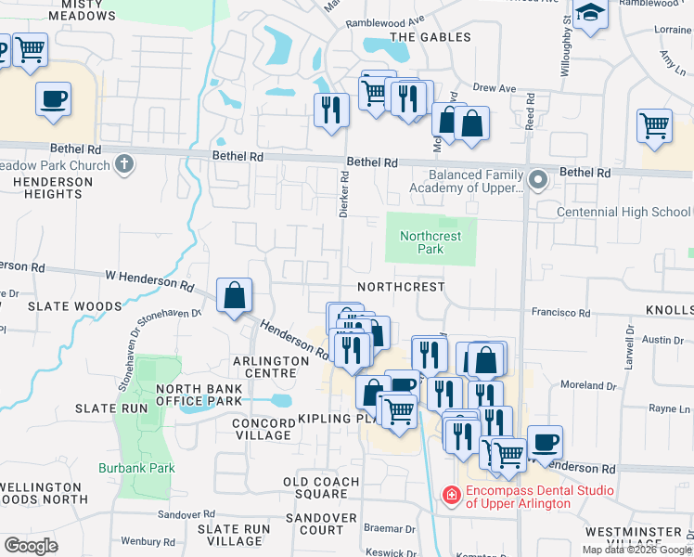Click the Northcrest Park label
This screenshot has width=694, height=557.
pyautogui.click(x=431, y=242)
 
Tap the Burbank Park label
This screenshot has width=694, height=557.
pyautogui.click(x=136, y=468)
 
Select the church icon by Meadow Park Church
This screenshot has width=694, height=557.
pyautogui.click(x=124, y=165)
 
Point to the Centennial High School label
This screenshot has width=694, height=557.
pyautogui.click(x=623, y=213)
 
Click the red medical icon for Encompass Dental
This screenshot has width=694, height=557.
pyautogui.click(x=452, y=496)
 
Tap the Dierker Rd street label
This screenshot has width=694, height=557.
pyautogui.click(x=343, y=193)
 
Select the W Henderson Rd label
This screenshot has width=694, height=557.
pyautogui.click(x=148, y=277)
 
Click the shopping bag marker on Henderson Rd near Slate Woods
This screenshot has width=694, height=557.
pyautogui.click(x=235, y=296)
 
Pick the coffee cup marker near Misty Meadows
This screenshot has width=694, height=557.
pyautogui.click(x=54, y=98)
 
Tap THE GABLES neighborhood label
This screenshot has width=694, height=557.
pyautogui.click(x=430, y=37)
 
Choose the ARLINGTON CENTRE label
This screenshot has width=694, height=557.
pyautogui.click(x=270, y=367)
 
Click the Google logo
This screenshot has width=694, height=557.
pyautogui.click(x=31, y=545)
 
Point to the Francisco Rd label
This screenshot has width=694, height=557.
pyautogui.click(x=560, y=314)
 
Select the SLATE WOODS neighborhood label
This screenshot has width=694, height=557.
pyautogui.click(x=62, y=305)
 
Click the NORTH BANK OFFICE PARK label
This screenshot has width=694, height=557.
pyautogui.click(x=199, y=395)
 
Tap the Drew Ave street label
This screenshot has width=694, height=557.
pyautogui.click(x=494, y=88)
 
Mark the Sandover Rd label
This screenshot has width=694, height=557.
pyautogui.click(x=186, y=514)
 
